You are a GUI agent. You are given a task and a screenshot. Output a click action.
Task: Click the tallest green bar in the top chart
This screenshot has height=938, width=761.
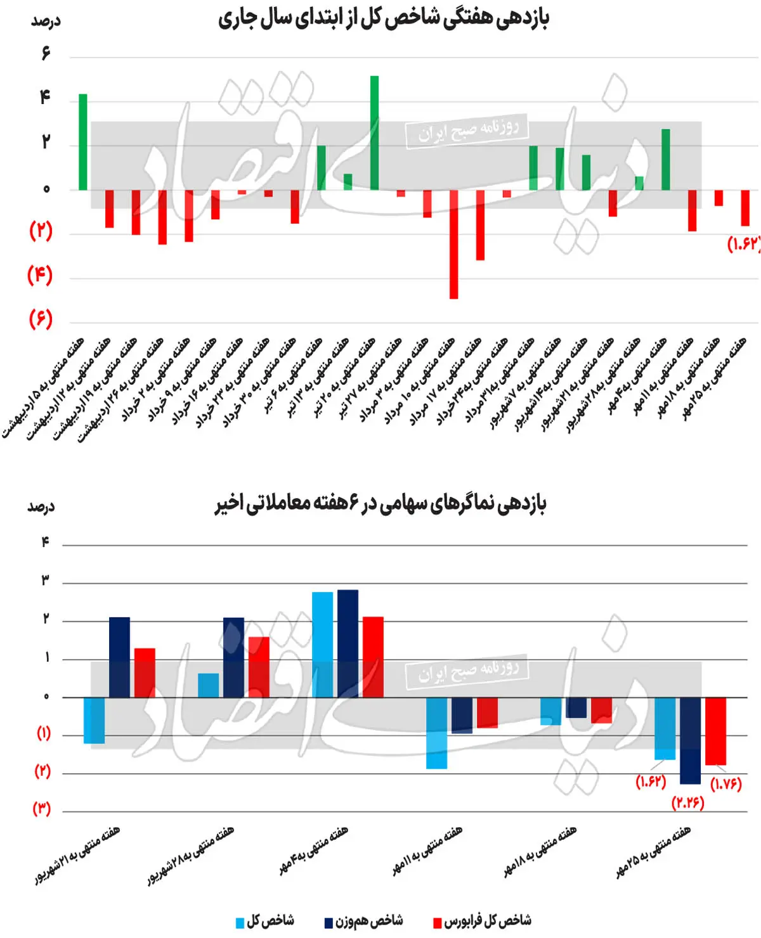[375, 133]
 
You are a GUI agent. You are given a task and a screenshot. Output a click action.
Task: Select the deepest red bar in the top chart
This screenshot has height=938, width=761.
[453, 244]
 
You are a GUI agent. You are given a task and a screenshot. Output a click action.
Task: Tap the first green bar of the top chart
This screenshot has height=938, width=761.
[83, 142]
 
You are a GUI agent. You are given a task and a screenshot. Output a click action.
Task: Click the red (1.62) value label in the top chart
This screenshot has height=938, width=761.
[743, 244]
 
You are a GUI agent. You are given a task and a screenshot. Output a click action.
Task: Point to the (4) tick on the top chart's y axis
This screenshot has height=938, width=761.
[40, 275]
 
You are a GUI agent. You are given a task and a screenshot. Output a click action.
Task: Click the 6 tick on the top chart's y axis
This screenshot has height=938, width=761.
[46, 53]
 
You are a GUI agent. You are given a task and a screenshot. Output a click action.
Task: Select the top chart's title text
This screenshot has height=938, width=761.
[383, 19]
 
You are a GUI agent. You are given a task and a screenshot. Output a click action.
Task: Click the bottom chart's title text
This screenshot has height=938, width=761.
[380, 504]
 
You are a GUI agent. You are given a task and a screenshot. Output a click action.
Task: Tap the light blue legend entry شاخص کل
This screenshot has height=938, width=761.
[265, 921]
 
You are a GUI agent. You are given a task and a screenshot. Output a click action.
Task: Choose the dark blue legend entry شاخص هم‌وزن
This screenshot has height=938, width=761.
[364, 921]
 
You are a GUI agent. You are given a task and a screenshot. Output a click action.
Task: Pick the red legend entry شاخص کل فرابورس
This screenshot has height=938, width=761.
[482, 921]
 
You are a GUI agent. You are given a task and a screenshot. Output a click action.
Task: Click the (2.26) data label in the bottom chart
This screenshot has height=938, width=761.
[688, 802]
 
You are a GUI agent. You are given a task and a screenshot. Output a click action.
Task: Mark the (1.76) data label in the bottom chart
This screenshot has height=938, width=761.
[726, 784]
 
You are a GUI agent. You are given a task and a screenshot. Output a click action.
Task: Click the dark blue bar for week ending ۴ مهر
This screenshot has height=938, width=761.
[348, 643]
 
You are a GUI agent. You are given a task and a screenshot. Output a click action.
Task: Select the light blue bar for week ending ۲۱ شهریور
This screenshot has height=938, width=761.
[94, 720]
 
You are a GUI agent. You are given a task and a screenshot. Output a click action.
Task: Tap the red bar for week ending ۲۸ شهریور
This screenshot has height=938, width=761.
[259, 667]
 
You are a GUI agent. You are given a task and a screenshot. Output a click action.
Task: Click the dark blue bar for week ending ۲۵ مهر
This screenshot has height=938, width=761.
[690, 740]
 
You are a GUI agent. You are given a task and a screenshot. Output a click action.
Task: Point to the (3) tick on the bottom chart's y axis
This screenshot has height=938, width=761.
[41, 809]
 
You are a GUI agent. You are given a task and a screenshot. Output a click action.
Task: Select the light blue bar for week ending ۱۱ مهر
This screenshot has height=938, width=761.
[436, 733]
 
